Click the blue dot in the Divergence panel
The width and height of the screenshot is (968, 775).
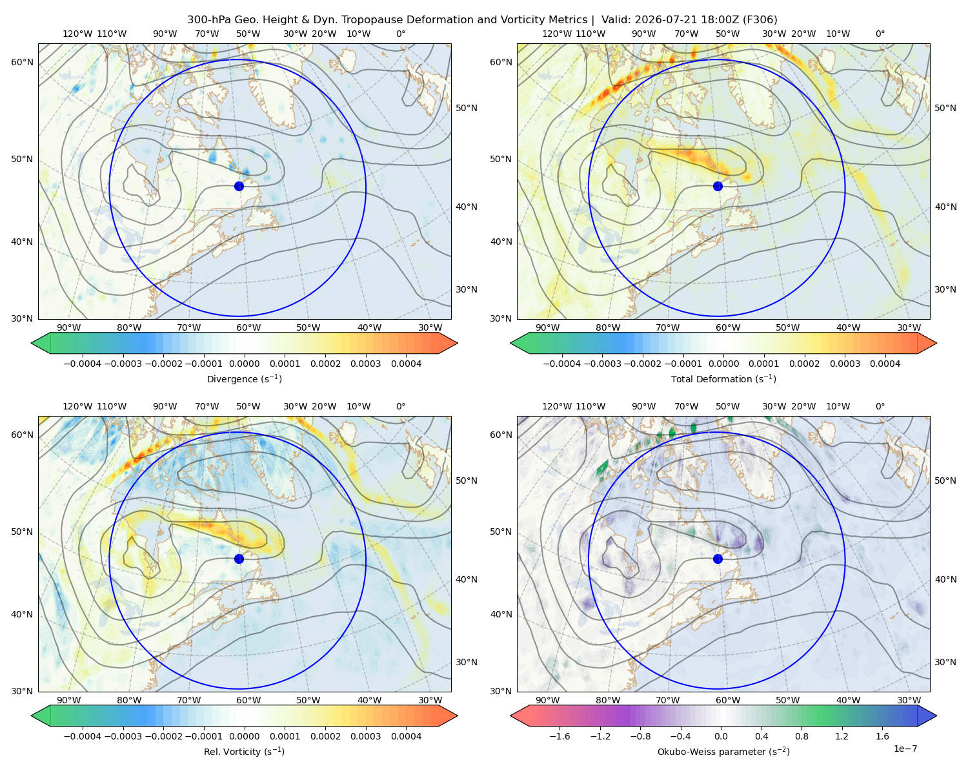click(239, 186)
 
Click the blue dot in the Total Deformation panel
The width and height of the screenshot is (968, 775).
click(718, 186)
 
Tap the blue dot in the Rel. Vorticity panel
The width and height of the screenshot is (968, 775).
click(239, 559)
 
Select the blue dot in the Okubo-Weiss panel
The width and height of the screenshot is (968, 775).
click(718, 559)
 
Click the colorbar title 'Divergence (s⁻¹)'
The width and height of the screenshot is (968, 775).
click(244, 378)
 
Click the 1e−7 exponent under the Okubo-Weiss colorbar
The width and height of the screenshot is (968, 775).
click(905, 749)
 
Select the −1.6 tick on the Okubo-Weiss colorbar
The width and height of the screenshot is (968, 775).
click(560, 736)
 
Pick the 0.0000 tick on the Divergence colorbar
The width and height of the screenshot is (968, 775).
click(244, 364)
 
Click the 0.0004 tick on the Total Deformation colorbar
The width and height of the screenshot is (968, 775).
click(885, 364)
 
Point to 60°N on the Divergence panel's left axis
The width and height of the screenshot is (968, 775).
click(22, 62)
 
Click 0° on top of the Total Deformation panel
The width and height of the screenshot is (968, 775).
click(880, 34)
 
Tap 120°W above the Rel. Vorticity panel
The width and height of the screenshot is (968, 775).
click(77, 406)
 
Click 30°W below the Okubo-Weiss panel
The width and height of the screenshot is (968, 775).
click(909, 700)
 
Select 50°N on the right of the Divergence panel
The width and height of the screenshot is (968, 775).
click(467, 108)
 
